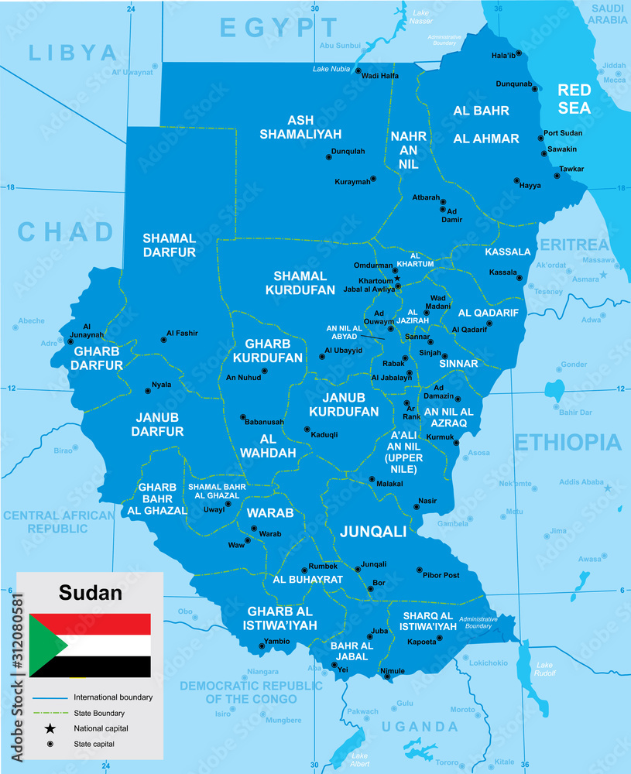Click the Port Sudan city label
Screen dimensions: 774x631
coord(563,133)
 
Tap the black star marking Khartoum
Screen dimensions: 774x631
coord(397,278)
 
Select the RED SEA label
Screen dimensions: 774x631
coord(574,99)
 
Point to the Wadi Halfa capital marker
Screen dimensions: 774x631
coord(358,70)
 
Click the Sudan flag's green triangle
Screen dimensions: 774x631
coord(45,645)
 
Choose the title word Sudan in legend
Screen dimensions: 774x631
coord(91,594)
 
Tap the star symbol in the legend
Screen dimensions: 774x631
coord(50,728)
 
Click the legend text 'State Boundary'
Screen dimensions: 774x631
coord(99,713)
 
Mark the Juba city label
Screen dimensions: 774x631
coord(379,631)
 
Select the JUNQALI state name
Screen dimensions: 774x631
coord(373,531)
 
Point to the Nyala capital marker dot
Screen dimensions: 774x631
coord(147,391)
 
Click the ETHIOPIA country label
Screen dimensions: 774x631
coord(568,442)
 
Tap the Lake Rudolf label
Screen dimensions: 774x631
coord(545,669)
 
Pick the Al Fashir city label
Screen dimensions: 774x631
coord(182,333)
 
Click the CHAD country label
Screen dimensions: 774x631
coord(66,231)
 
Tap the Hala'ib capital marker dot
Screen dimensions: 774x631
coord(519,53)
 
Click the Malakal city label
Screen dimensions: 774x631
coord(389,483)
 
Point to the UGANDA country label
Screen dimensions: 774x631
coord(420,726)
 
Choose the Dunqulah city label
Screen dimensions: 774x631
coord(348,151)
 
